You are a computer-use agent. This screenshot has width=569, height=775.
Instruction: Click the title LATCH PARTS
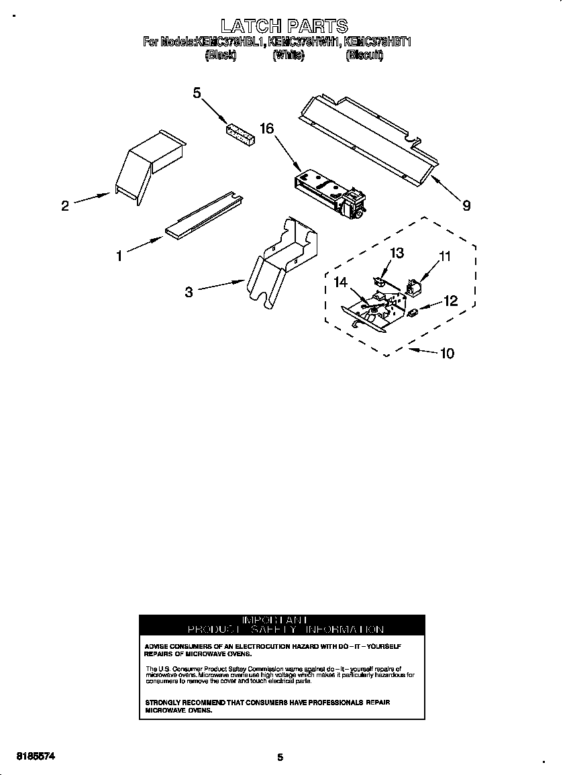(x=284, y=26)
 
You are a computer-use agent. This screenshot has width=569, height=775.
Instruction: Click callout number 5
(x=197, y=93)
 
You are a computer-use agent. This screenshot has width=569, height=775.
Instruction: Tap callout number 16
(x=267, y=128)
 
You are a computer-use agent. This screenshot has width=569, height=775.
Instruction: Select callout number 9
(x=466, y=206)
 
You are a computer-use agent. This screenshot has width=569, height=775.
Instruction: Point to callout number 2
(x=65, y=206)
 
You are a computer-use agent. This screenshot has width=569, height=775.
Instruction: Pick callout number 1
(x=119, y=256)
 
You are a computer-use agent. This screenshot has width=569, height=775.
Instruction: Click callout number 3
(x=189, y=292)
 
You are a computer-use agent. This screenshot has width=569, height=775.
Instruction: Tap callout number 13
(x=397, y=252)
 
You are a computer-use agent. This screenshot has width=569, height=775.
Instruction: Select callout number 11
(x=446, y=256)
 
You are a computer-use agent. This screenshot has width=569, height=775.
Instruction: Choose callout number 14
(x=341, y=282)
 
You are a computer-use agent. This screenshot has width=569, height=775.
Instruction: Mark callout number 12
(x=450, y=301)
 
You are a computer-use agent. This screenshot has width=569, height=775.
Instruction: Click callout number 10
(x=447, y=353)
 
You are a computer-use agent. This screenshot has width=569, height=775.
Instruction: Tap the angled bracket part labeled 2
(x=148, y=164)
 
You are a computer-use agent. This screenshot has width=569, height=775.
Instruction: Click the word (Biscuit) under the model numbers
(x=364, y=56)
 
